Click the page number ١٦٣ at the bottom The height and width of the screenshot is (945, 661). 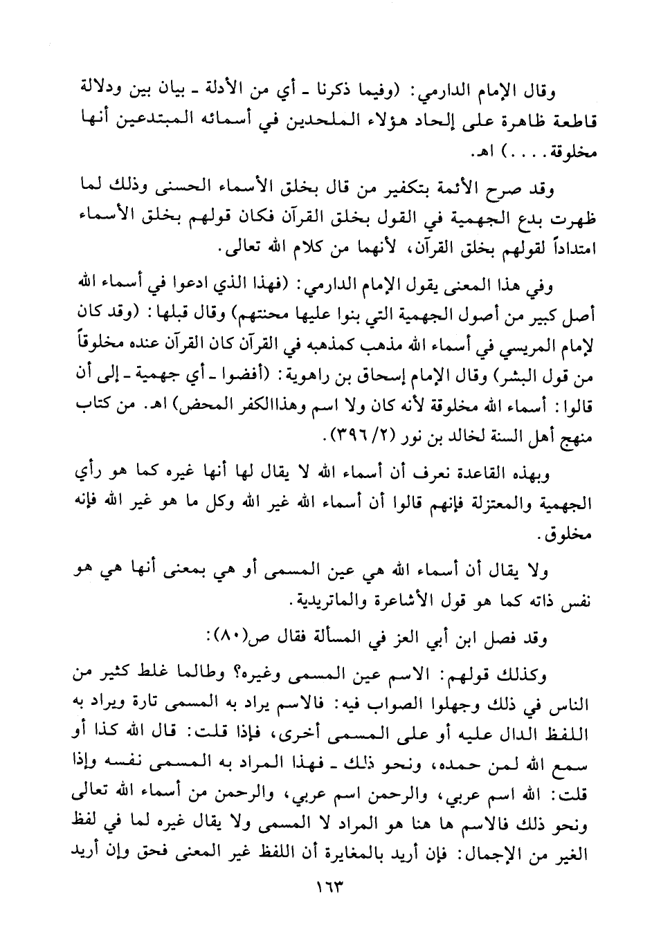tap(329, 886)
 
